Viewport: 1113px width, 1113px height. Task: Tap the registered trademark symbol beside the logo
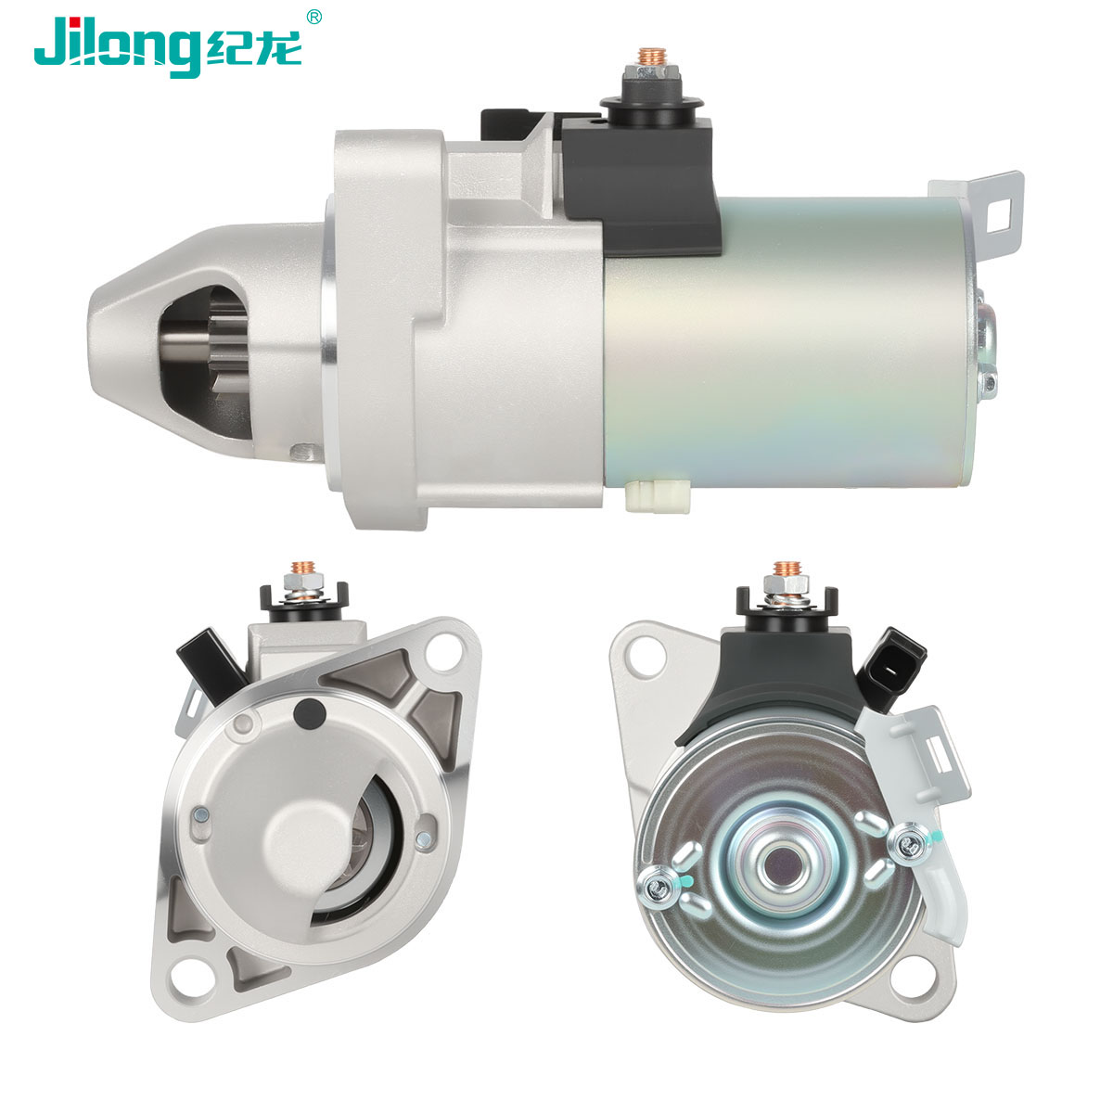(x=313, y=18)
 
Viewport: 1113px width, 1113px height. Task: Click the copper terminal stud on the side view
(x=650, y=57)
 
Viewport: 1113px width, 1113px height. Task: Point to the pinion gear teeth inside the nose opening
(x=229, y=356)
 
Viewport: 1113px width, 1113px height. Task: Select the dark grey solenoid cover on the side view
(x=640, y=184)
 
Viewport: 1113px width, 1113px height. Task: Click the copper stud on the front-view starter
(x=302, y=568)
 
